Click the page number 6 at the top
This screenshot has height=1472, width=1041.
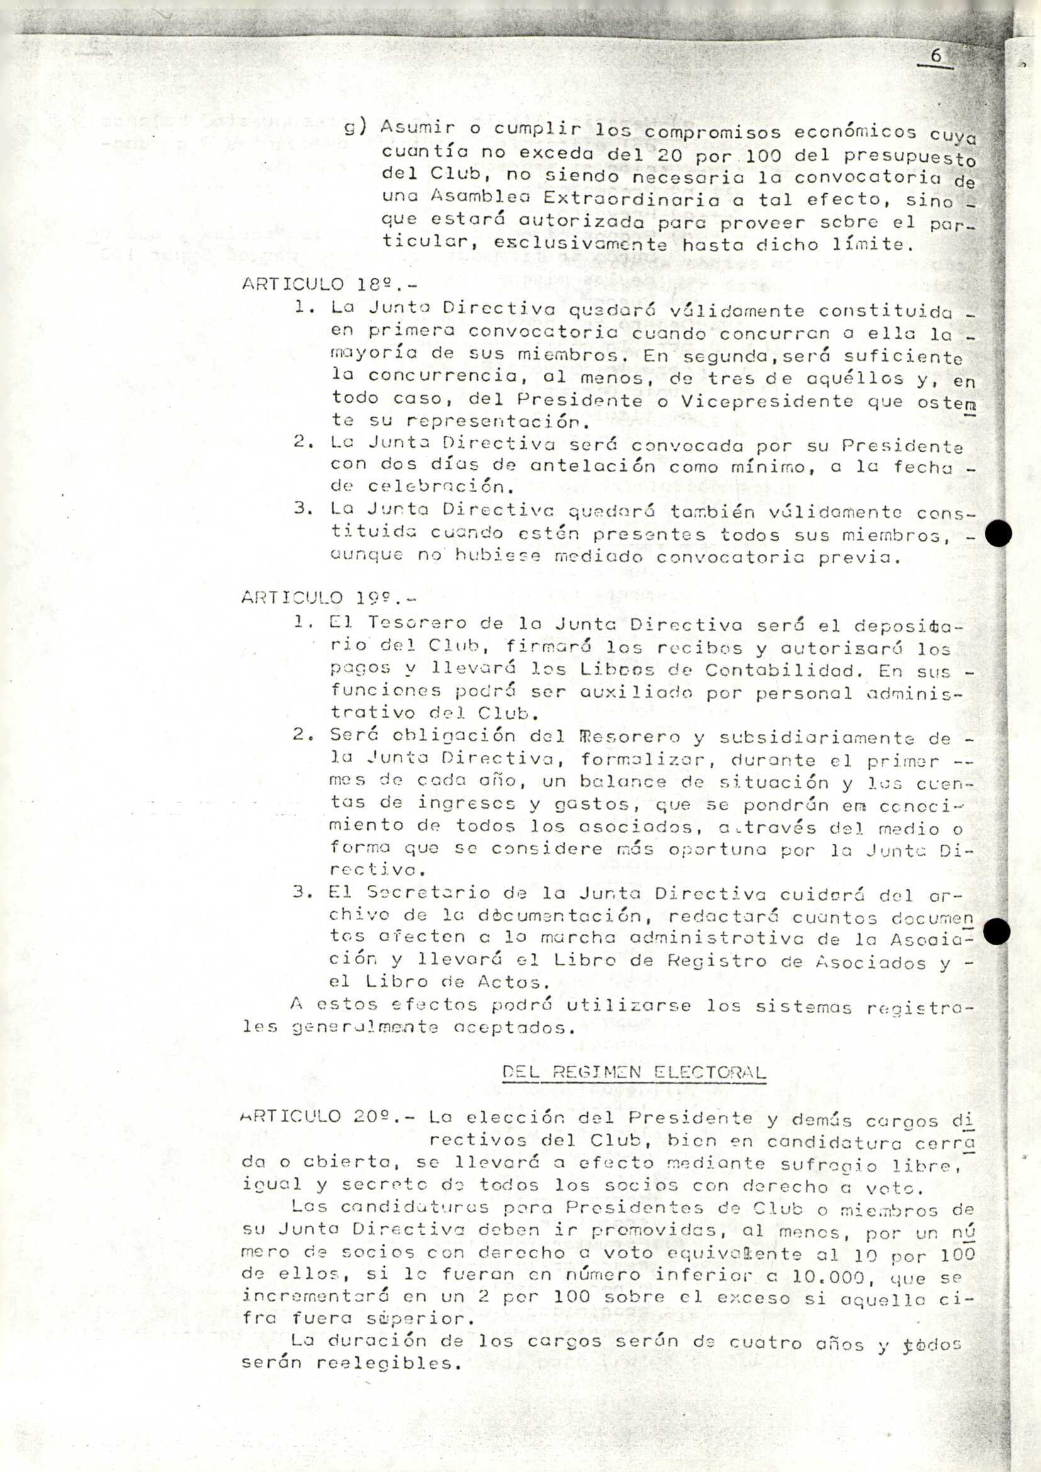(936, 56)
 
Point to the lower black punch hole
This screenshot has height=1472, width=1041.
(996, 931)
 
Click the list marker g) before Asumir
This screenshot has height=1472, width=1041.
(354, 127)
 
